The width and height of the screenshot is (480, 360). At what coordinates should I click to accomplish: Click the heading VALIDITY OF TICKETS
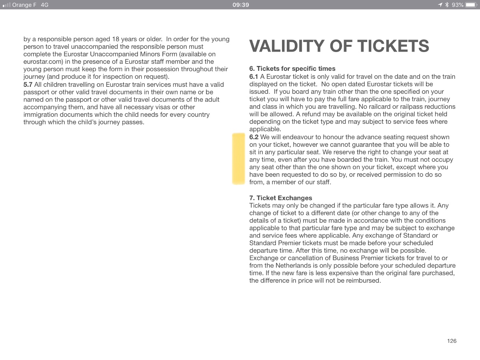pyautogui.click(x=339, y=46)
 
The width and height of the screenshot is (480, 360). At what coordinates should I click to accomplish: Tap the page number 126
pyautogui.click(x=452, y=341)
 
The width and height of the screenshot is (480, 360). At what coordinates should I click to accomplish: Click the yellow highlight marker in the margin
pyautogui.click(x=238, y=159)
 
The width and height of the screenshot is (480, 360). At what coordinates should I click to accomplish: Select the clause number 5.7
pyautogui.click(x=28, y=84)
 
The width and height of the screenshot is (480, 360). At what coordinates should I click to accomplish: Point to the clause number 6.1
pyautogui.click(x=254, y=76)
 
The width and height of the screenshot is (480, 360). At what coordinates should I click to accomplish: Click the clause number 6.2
pyautogui.click(x=254, y=137)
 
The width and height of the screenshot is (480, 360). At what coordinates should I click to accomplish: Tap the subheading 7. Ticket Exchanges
pyautogui.click(x=280, y=198)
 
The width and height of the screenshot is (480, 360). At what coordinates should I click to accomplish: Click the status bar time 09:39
pyautogui.click(x=240, y=5)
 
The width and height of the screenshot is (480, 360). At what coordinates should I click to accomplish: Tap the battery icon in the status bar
pyautogui.click(x=471, y=5)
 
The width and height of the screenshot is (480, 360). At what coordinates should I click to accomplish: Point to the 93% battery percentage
pyautogui.click(x=457, y=5)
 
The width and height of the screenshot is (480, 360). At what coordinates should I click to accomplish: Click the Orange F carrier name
pyautogui.click(x=24, y=5)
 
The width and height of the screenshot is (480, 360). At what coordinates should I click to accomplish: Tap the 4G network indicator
pyautogui.click(x=44, y=5)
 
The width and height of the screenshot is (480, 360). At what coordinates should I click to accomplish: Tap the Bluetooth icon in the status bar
pyautogui.click(x=447, y=5)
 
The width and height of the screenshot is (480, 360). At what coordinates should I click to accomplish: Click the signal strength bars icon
pyautogui.click(x=6, y=5)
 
